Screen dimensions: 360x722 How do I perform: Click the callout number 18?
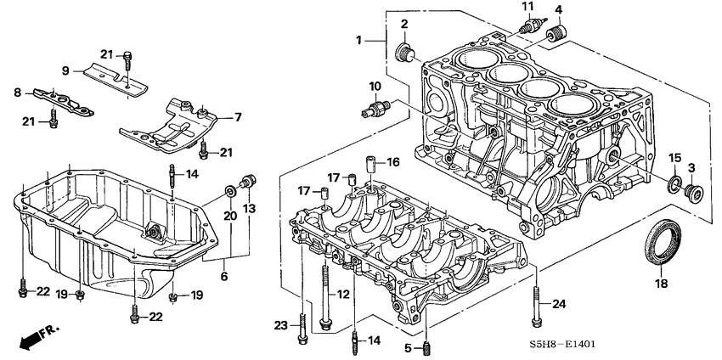click(660, 283)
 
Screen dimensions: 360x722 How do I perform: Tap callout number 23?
click(282, 323)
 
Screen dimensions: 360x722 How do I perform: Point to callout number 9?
click(65, 70)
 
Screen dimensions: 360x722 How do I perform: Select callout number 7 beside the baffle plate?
click(237, 116)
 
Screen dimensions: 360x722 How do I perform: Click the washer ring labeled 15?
click(673, 185)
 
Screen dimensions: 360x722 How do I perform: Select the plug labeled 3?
click(695, 191)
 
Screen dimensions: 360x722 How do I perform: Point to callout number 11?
click(527, 8)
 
